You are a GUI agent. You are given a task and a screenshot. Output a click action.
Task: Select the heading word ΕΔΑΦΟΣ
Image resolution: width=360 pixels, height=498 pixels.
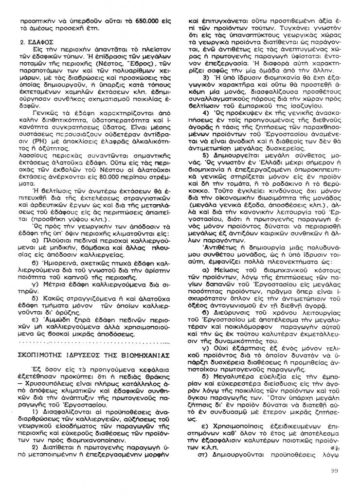pos(40,43)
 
